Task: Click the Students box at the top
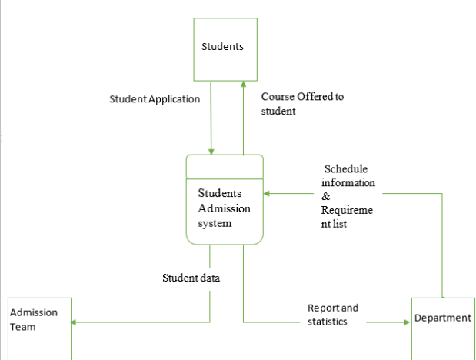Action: [222, 47]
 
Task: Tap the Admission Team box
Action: [39, 328]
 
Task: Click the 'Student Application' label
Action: [155, 99]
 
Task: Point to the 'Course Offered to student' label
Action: [301, 104]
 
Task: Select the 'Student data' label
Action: [191, 278]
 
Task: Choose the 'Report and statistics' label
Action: [332, 315]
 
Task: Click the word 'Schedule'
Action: [346, 169]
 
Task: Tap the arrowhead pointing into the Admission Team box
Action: [75, 322]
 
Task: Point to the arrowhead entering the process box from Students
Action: [211, 151]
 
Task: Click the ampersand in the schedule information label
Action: [326, 197]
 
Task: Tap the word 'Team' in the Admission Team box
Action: [23, 327]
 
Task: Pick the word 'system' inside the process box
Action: [215, 223]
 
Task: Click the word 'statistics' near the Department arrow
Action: [327, 322]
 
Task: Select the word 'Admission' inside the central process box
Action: [225, 208]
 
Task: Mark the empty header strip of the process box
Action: [225, 164]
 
